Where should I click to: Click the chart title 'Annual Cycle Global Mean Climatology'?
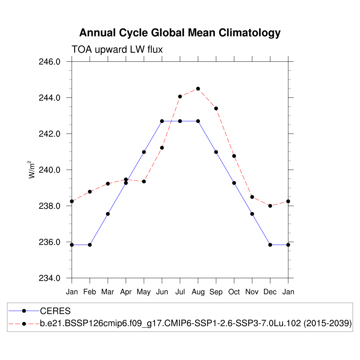point(180,33)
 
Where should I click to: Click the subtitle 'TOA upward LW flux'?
point(117,50)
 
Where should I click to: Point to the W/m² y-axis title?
point(32,169)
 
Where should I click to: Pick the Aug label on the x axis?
point(198,292)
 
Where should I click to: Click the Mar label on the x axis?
point(108,292)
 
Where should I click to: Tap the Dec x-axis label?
point(270,292)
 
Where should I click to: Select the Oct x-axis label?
point(234,292)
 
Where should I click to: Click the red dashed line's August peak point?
point(198,89)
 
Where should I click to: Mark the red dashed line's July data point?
point(180,96)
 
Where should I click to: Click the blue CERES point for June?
point(162,121)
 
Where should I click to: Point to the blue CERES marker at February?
point(90,245)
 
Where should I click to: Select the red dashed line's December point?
point(270,206)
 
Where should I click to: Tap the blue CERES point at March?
point(108,214)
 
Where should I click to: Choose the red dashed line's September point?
point(216,108)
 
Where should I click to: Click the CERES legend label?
point(56,311)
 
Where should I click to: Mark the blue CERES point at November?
point(252,214)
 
